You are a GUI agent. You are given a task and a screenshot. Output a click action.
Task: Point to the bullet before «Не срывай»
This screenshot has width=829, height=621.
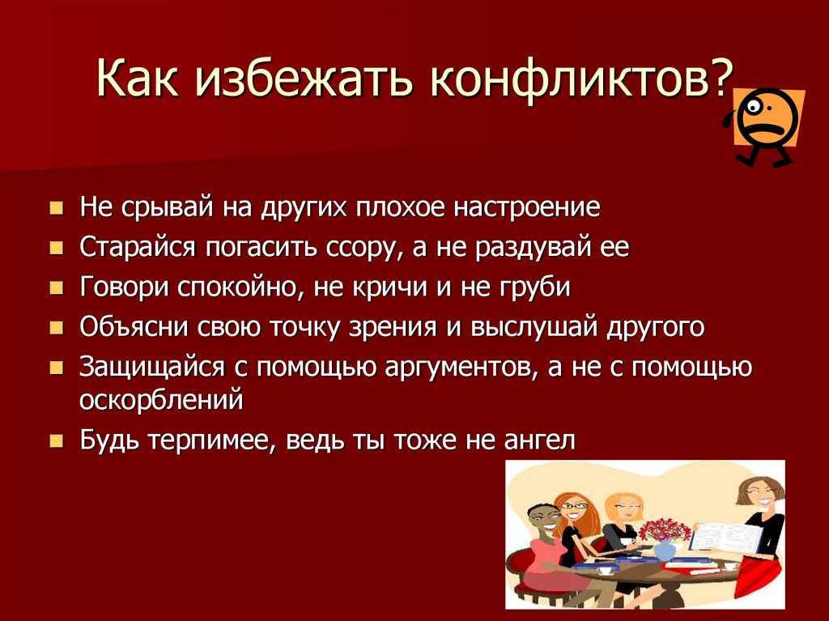(56, 207)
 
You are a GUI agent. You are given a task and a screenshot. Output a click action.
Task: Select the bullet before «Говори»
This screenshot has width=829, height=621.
(56, 287)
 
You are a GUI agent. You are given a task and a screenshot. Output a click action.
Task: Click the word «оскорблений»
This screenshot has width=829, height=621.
(161, 400)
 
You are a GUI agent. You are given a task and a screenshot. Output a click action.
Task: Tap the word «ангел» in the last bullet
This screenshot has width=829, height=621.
(539, 440)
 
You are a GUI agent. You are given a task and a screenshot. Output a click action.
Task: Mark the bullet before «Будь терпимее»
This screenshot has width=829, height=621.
(56, 440)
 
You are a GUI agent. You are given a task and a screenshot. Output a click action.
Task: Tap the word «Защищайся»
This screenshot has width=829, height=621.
(152, 368)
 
